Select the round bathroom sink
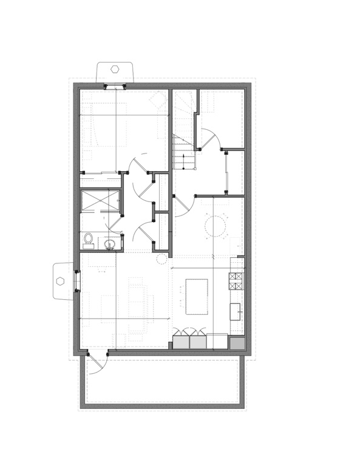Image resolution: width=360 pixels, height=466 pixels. (x=110, y=244)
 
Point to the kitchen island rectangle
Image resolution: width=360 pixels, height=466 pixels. (x=197, y=296)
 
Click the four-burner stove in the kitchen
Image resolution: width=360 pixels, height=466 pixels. (x=236, y=280)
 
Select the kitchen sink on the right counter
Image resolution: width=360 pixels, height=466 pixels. (x=236, y=311)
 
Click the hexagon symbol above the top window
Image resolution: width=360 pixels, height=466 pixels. (x=114, y=69)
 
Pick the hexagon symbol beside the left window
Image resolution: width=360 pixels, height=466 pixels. (x=61, y=281)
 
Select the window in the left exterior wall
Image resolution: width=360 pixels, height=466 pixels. (x=77, y=281)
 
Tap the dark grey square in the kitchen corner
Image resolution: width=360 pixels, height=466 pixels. (x=237, y=343)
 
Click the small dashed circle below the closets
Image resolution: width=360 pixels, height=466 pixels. (x=161, y=259)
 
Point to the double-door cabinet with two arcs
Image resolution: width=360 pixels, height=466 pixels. (x=189, y=339)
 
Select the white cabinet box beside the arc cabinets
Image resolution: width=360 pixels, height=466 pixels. (x=217, y=341)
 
